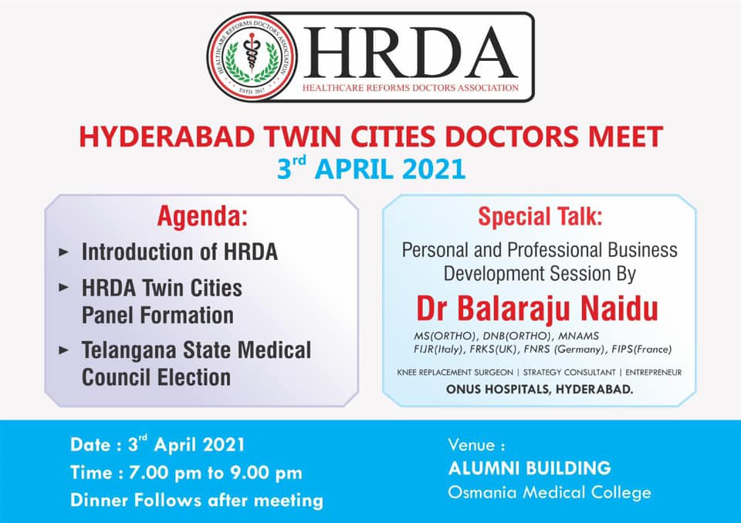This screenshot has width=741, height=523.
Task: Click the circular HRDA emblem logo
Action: click(x=252, y=57)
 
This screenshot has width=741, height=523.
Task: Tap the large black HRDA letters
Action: click(x=410, y=52)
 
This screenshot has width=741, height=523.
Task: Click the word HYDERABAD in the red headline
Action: click(x=167, y=137)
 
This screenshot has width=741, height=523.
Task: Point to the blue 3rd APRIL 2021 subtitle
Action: click(x=371, y=168)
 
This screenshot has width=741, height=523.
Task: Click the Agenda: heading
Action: click(x=202, y=217)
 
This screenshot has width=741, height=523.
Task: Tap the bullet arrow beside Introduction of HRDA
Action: click(x=64, y=251)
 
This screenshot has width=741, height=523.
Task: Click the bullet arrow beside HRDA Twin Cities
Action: click(x=64, y=287)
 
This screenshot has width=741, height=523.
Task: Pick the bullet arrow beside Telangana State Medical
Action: click(x=64, y=350)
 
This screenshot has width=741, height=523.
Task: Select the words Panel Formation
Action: click(x=157, y=315)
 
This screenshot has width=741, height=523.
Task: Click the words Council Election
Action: click(x=157, y=377)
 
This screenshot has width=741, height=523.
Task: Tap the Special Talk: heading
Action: click(x=540, y=217)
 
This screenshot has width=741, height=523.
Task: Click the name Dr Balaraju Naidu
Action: click(x=537, y=309)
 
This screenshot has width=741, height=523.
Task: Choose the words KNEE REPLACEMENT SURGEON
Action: click(x=455, y=373)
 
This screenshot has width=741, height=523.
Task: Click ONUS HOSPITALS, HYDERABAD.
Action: click(x=540, y=390)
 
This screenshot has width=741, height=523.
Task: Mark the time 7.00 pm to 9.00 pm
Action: click(x=215, y=473)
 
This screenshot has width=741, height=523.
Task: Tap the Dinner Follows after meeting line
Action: click(x=197, y=501)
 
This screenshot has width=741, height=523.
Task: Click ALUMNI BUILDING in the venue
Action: click(x=530, y=468)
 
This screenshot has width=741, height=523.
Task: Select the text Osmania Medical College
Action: click(x=550, y=493)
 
